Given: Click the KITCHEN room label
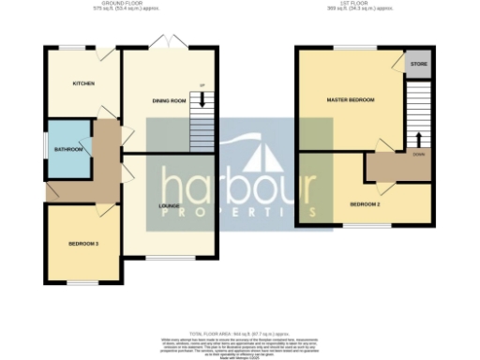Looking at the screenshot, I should point(84,83).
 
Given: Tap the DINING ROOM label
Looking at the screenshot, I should point(170,99).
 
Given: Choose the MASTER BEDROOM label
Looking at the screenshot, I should point(350,99).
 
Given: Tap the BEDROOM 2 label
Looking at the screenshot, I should point(365,203).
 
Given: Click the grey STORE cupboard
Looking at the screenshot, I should point(417,65).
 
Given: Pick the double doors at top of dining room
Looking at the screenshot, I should point(169,42).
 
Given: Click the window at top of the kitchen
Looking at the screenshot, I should point(72,48).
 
